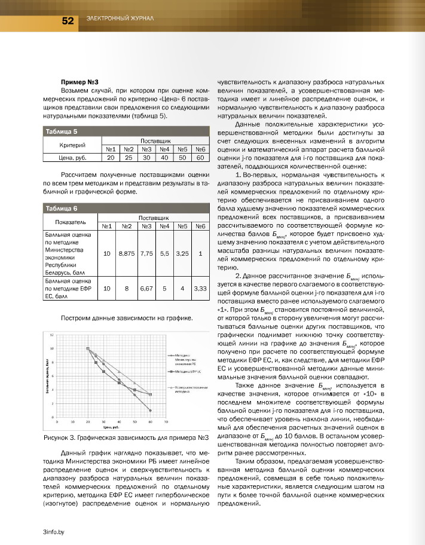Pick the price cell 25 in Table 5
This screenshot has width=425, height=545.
point(128,158)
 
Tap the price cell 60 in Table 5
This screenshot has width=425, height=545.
point(200,158)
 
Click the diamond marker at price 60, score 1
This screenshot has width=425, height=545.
point(150,411)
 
